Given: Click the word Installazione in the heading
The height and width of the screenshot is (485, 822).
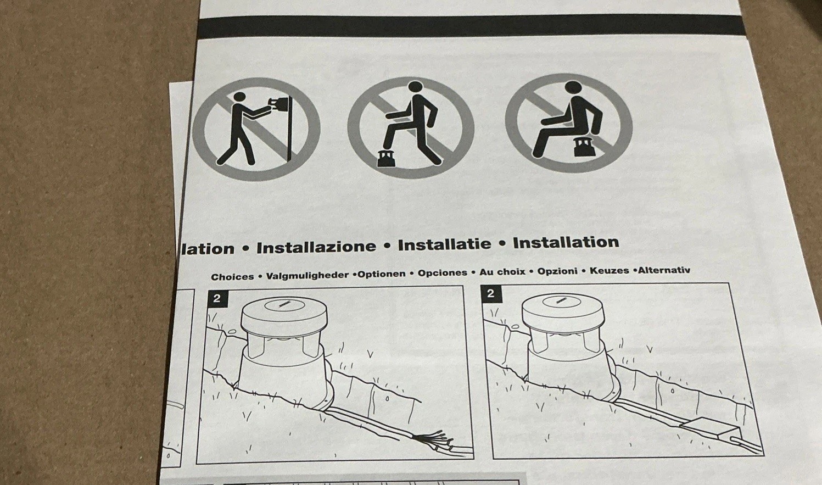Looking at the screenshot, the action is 316,247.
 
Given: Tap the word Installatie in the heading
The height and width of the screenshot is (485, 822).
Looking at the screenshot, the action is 444,244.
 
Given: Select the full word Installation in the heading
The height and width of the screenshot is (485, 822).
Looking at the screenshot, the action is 566,242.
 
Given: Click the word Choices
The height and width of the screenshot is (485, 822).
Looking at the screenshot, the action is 232,277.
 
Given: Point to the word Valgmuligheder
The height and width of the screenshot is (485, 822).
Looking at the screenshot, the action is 307,275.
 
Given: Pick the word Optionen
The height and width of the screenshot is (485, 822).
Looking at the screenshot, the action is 382,274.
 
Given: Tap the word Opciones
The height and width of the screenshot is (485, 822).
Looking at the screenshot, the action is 443,273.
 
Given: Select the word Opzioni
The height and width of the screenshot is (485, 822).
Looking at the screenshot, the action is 557,271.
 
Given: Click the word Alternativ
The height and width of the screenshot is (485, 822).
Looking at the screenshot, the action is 664,270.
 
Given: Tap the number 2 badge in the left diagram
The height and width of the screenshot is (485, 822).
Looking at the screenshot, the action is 217,298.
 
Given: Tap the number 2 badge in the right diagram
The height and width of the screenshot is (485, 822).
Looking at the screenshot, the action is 491,293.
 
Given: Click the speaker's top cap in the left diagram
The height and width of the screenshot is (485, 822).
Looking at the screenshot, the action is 284,314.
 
